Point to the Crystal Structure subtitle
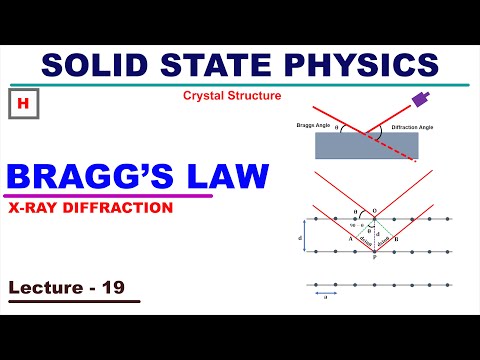pos(232,96)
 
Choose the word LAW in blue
pos(231,178)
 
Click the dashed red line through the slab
pos(400,150)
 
